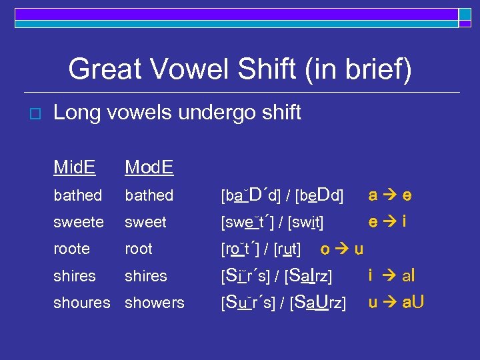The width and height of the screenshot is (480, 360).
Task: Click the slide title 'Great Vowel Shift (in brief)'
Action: click(240, 69)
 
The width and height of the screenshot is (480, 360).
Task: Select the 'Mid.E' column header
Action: click(74, 167)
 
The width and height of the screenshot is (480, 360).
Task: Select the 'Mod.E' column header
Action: click(149, 167)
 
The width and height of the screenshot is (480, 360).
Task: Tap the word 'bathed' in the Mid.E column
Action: click(78, 195)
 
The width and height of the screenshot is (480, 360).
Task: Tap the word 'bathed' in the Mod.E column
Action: click(149, 195)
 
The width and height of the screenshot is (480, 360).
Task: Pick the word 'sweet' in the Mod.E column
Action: click(146, 222)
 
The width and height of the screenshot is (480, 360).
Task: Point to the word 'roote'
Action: click(71, 249)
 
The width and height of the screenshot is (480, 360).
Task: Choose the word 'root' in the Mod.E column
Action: click(139, 249)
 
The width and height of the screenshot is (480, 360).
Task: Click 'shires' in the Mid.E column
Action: click(75, 275)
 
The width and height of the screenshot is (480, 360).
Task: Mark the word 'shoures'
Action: click(82, 302)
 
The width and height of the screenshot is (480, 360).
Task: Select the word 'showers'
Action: click(154, 302)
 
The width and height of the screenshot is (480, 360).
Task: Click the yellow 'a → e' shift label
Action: click(390, 195)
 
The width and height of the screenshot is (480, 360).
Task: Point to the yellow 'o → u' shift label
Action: click(341, 249)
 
